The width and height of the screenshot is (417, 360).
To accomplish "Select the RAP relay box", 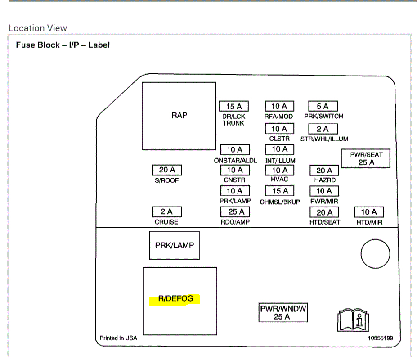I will (x=179, y=115).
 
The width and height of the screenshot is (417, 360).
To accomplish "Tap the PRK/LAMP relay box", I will (x=174, y=246).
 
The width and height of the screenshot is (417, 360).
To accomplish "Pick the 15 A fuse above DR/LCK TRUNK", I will (x=234, y=106).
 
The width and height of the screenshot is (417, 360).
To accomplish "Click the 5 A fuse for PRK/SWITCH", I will (x=323, y=106).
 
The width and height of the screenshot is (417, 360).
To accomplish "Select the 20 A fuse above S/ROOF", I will (x=167, y=171).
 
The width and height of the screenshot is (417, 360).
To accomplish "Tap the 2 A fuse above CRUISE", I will (x=167, y=211).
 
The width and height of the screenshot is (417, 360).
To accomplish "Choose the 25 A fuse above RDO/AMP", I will (x=235, y=211).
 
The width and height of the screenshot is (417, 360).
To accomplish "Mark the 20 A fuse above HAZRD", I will (x=324, y=171).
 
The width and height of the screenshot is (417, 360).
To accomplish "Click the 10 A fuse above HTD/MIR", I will (x=369, y=212).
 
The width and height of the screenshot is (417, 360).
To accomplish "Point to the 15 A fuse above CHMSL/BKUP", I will (x=279, y=191).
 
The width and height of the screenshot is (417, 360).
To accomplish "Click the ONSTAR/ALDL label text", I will (x=235, y=161).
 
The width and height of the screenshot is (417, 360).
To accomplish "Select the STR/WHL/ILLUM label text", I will (x=324, y=139).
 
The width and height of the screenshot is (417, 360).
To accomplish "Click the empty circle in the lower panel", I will (x=375, y=254).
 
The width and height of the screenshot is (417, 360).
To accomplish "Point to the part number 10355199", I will (x=381, y=338).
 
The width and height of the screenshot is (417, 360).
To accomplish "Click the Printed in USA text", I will (x=118, y=338).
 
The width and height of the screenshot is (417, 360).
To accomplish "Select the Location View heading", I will (x=38, y=28).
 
